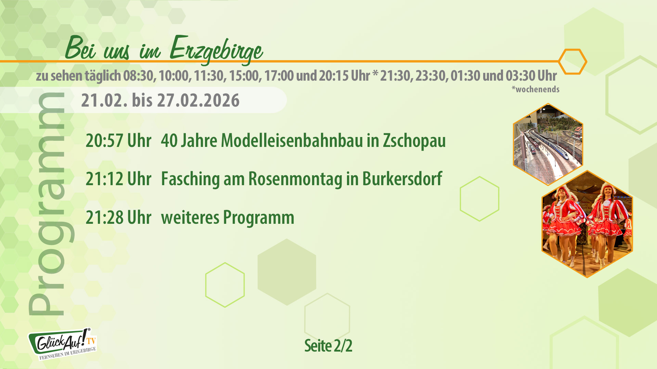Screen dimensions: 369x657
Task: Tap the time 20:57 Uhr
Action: pyautogui.click(x=118, y=140)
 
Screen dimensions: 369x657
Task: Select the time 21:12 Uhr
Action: pyautogui.click(x=118, y=179)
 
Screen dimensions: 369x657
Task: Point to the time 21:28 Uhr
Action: pyautogui.click(x=118, y=217)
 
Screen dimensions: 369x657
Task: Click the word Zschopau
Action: pyautogui.click(x=414, y=140)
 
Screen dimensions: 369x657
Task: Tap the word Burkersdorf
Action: pyautogui.click(x=402, y=179)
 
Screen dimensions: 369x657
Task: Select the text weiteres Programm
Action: pyautogui.click(x=228, y=217)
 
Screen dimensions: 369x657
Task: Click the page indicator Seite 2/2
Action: pyautogui.click(x=328, y=346)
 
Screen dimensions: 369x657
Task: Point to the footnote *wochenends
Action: pyautogui.click(x=536, y=90)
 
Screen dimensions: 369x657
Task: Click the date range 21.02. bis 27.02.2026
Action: pyautogui.click(x=160, y=100)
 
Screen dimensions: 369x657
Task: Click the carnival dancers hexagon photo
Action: pyautogui.click(x=587, y=224)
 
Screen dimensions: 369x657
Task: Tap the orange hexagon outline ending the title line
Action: pyautogui.click(x=572, y=61)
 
